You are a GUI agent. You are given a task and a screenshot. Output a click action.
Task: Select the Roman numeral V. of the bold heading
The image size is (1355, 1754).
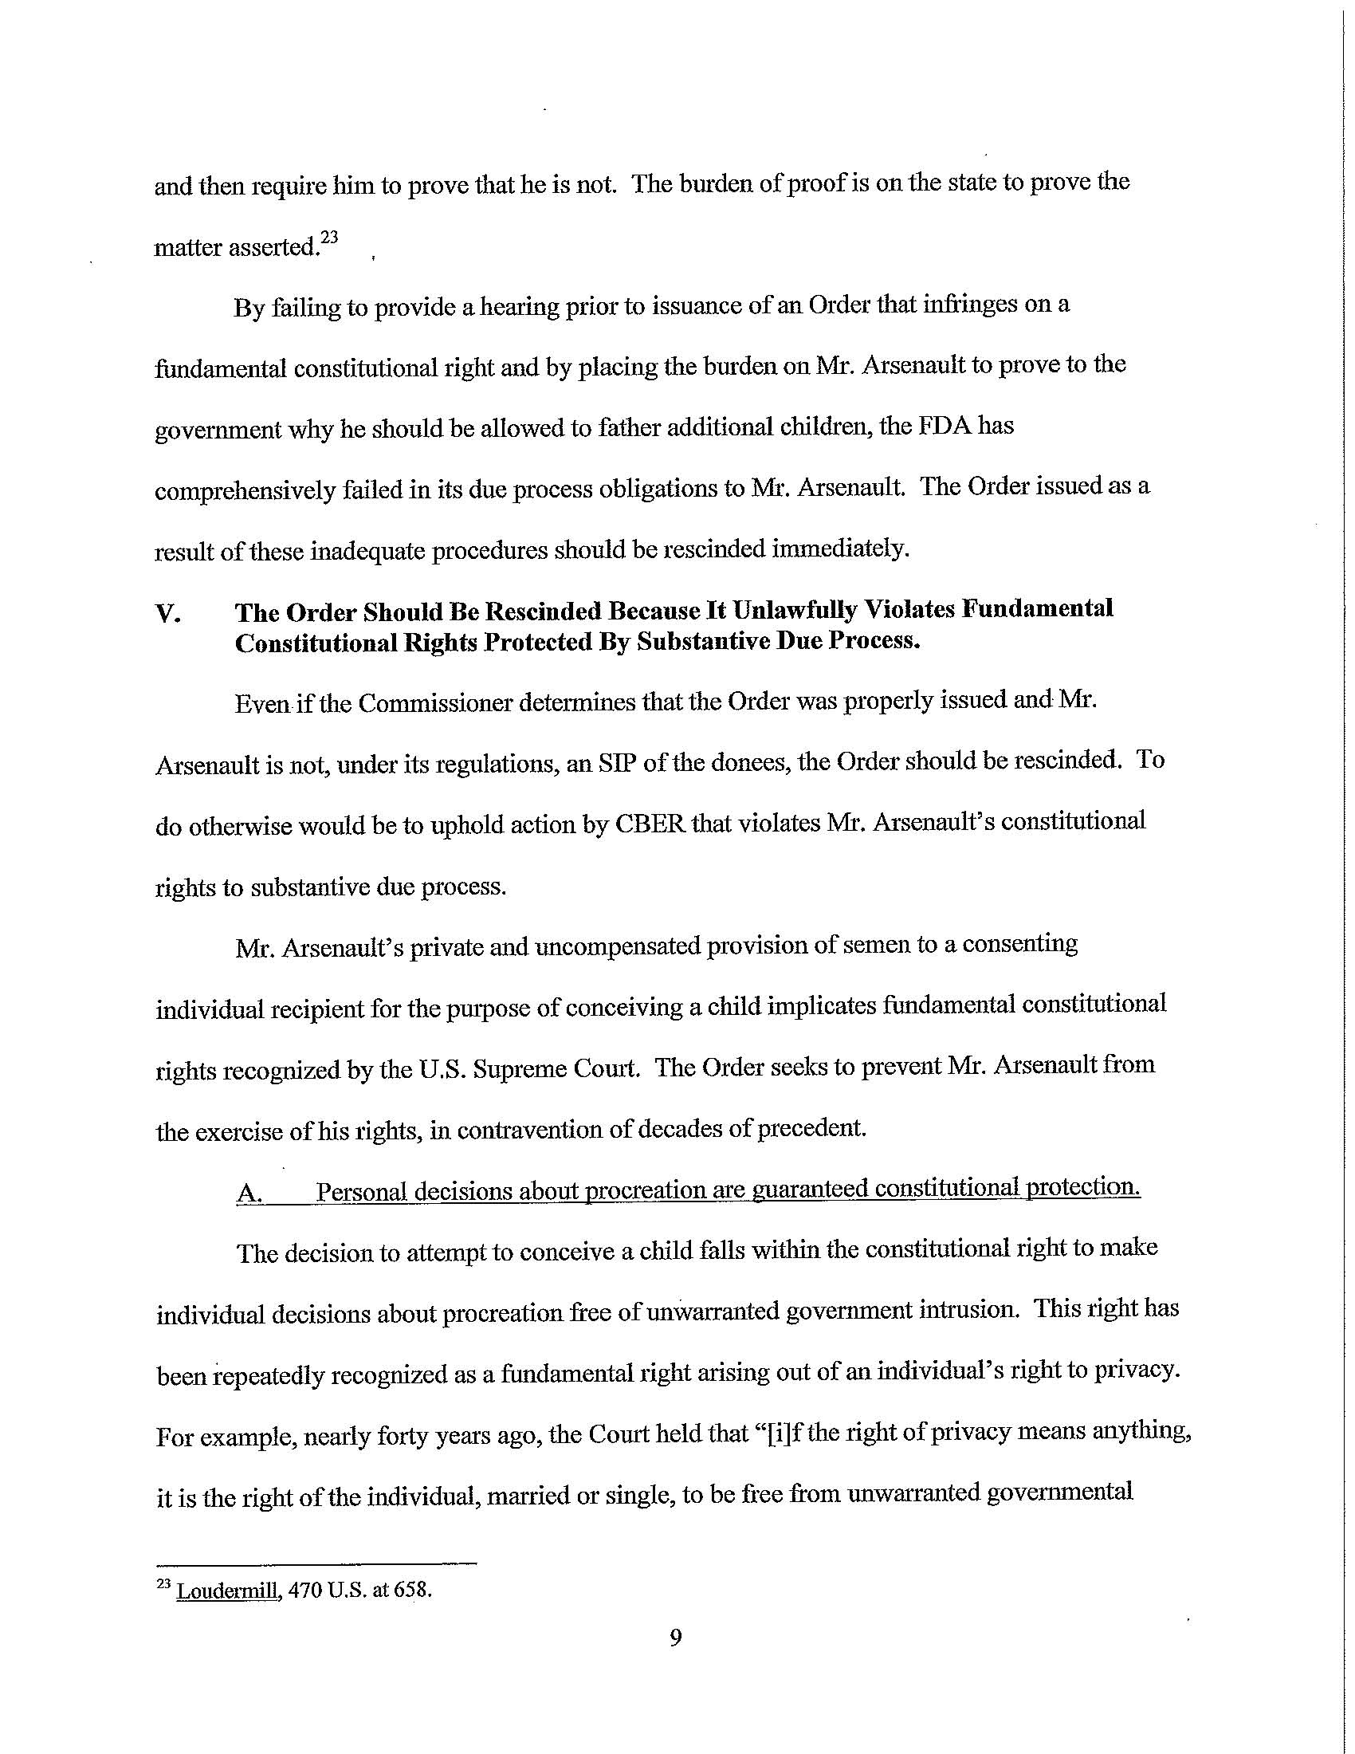tap(167, 615)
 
